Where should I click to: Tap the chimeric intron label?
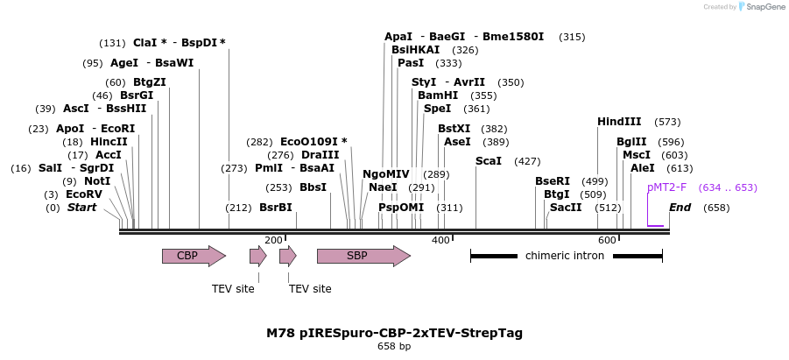point(565,256)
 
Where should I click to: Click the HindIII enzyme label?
point(619,122)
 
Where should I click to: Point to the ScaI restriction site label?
point(489,161)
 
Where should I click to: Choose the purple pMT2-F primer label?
point(666,187)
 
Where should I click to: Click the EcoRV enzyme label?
point(84,194)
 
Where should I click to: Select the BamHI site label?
point(438,95)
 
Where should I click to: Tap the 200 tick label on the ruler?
point(273,240)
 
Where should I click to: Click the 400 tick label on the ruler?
point(440,240)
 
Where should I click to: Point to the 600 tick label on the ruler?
point(607,240)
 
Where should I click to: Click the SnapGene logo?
point(761,7)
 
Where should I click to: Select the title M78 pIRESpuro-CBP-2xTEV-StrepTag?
point(394,333)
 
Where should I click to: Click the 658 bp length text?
point(394,347)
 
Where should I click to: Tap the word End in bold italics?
point(680,208)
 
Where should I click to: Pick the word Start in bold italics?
point(81,208)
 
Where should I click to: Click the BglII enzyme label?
point(631,142)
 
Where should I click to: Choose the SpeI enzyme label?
point(437,109)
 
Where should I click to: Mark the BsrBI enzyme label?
point(275,208)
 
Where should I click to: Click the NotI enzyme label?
point(97,181)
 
